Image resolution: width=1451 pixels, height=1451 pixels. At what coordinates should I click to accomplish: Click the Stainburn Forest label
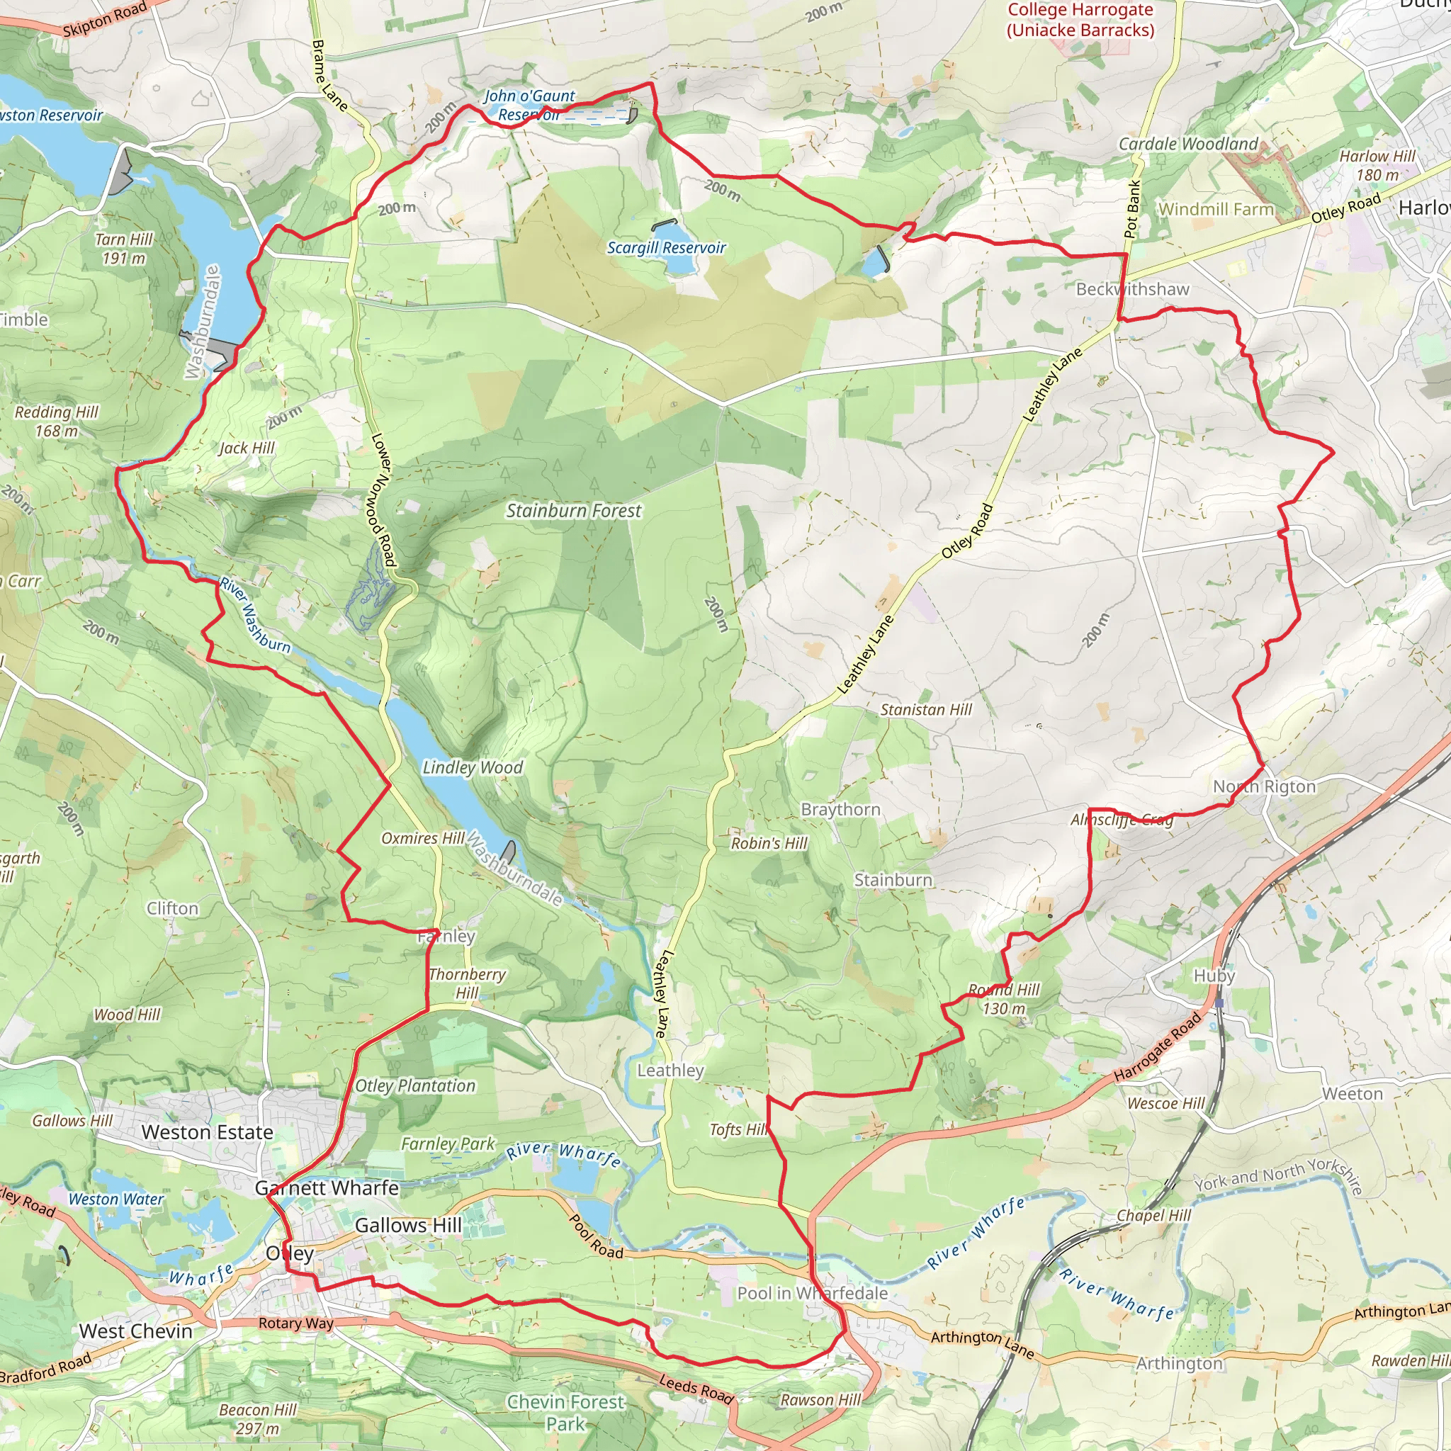point(574,511)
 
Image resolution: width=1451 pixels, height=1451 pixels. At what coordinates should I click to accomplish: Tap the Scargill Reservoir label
point(666,248)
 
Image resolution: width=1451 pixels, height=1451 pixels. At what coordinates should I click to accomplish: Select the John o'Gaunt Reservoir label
point(529,105)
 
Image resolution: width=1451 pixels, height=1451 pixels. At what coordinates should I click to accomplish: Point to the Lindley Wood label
point(473,767)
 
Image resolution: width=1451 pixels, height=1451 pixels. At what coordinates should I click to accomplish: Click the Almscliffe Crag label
point(1122,820)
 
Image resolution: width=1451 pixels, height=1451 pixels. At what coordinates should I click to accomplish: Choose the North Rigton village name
point(1264,786)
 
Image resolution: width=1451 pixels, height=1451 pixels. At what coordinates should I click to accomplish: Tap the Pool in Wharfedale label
point(812,1293)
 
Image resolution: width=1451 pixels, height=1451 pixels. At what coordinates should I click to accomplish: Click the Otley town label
point(290,1253)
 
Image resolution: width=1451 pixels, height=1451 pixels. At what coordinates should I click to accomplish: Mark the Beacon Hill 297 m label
point(258,1419)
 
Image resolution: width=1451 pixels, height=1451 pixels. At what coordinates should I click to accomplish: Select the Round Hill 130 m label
point(1004,999)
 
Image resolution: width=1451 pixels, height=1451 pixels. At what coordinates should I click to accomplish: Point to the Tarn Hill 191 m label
point(124,249)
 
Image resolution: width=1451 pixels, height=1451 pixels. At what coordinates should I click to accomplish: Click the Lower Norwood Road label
point(383,499)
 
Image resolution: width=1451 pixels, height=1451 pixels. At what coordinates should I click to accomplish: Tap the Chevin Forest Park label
point(565,1413)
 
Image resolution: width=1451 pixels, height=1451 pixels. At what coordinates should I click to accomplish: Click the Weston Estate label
point(208,1131)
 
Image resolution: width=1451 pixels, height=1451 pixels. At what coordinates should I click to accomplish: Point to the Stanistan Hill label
point(925,710)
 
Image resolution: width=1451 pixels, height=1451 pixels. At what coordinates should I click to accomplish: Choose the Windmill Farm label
point(1216,209)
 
